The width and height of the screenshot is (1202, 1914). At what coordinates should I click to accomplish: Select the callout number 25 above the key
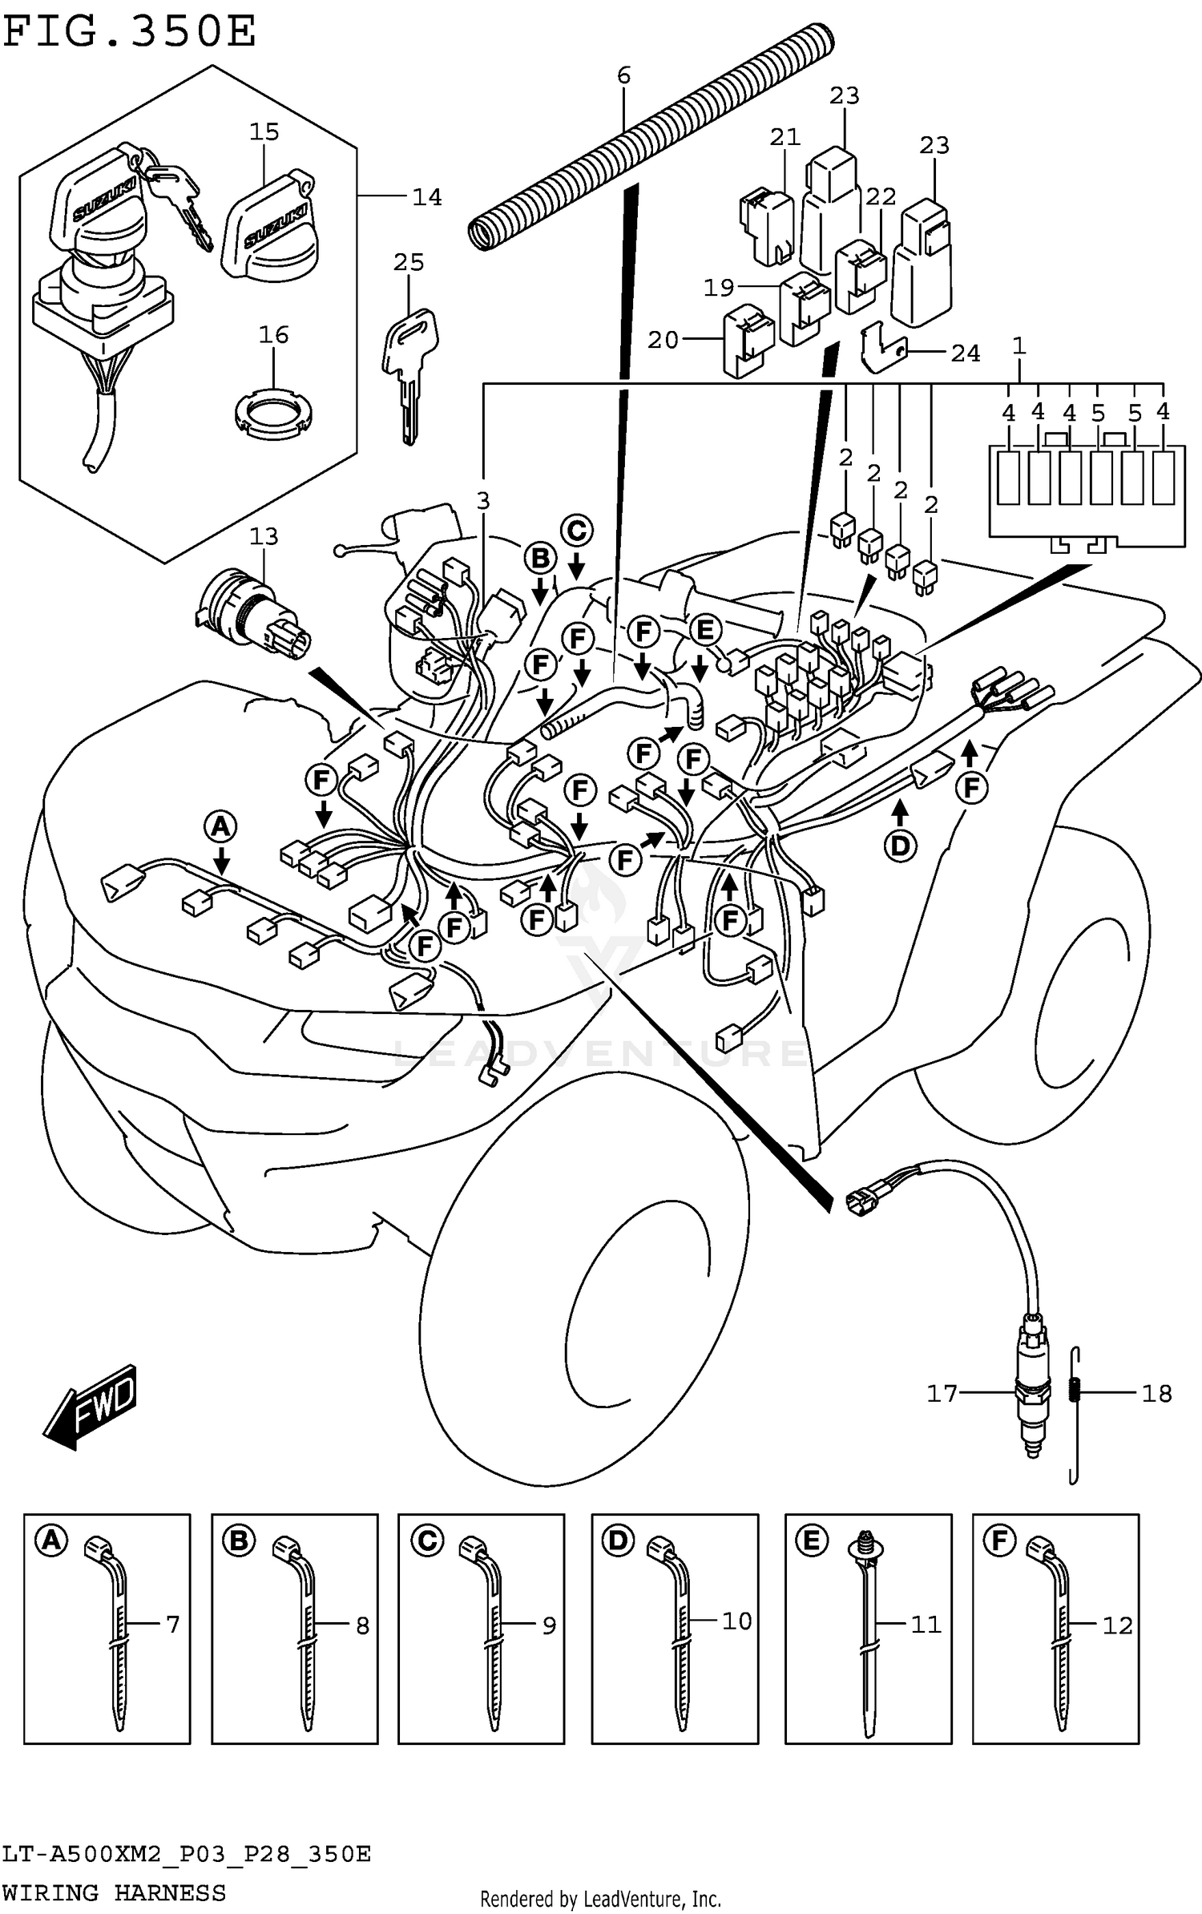tap(409, 262)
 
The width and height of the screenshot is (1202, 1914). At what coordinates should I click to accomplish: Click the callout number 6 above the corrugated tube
tap(624, 75)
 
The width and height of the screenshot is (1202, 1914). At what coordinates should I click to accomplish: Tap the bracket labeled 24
tap(881, 349)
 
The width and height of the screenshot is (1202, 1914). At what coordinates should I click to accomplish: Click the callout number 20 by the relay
tap(663, 341)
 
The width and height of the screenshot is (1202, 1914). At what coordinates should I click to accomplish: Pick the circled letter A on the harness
tap(221, 826)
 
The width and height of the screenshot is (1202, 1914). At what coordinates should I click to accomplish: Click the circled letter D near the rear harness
tap(900, 846)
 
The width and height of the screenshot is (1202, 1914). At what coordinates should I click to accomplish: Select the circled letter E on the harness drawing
tap(705, 630)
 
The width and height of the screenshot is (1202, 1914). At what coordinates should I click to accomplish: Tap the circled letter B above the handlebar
tap(541, 558)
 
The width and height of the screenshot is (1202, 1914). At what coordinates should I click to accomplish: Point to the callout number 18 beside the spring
tap(1156, 1394)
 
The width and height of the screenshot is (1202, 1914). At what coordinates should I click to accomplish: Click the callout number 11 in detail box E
tap(926, 1625)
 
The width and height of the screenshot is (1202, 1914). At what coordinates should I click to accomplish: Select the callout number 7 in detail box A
tap(173, 1625)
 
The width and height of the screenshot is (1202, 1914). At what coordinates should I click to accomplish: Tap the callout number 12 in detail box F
tap(1117, 1625)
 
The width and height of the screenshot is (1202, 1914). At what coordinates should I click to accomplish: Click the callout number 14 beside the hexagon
tap(426, 197)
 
